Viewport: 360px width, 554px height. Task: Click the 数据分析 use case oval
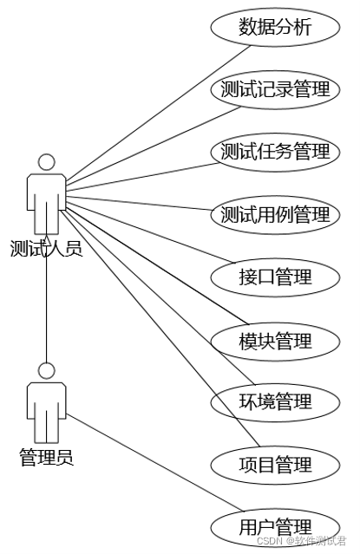pos(275,27)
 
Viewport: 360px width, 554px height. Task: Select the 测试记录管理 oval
pos(275,89)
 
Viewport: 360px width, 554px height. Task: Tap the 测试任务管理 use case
pos(275,152)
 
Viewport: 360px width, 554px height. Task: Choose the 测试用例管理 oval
pos(275,214)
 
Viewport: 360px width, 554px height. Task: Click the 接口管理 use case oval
pos(275,277)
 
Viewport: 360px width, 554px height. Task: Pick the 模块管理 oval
pos(275,341)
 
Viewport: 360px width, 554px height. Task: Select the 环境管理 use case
pos(275,402)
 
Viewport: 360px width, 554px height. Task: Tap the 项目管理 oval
pos(275,465)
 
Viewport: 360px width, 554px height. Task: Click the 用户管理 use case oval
pos(275,526)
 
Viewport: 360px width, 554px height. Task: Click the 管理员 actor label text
pos(47,457)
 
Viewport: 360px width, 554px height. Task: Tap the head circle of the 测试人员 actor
pos(47,162)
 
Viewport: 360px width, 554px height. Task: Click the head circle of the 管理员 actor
pos(47,370)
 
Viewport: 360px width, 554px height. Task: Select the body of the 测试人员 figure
pos(47,195)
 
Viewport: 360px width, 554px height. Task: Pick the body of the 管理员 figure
pos(47,403)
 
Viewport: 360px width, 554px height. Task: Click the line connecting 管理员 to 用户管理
pos(139,469)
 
